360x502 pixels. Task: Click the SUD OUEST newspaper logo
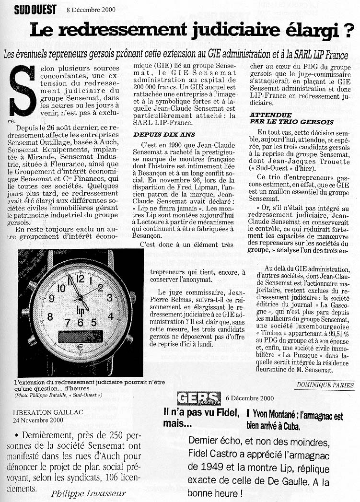[x=35, y=9]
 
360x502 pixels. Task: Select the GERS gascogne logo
[x=199, y=398]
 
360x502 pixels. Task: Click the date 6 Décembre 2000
[x=249, y=398]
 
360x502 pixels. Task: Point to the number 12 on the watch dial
[x=81, y=279]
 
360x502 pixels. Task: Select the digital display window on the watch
[x=80, y=336]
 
